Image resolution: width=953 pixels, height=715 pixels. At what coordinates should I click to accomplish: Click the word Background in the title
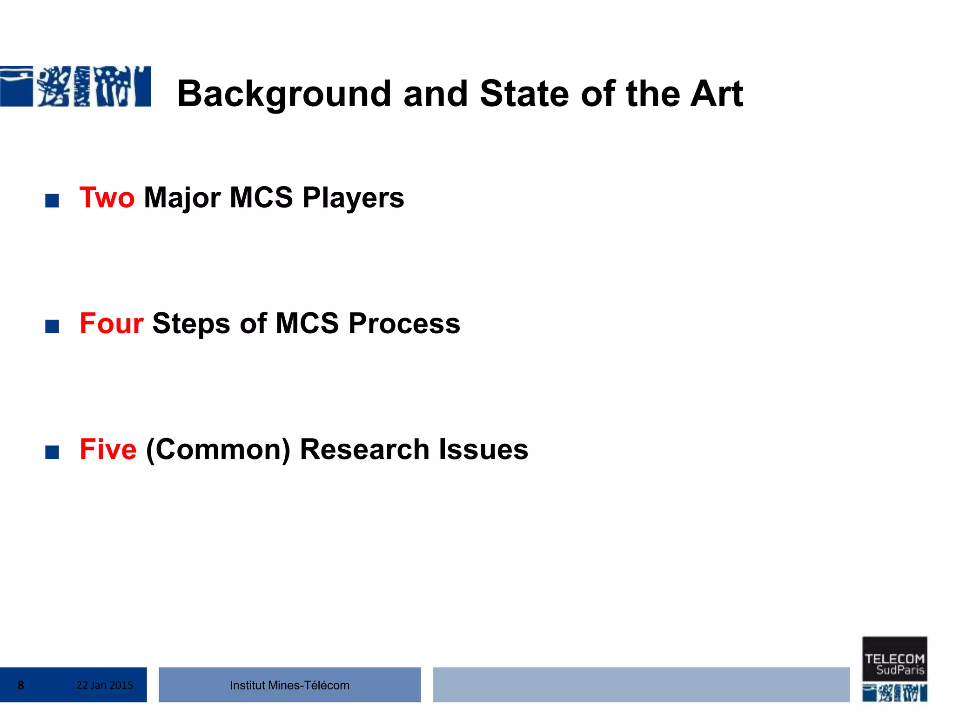[284, 94]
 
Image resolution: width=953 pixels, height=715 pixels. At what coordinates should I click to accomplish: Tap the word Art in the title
[716, 94]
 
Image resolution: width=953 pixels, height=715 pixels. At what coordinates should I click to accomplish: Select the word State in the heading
[524, 94]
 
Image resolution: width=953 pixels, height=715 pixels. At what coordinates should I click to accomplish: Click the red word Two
[107, 197]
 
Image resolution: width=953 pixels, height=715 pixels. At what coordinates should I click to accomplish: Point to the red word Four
[111, 323]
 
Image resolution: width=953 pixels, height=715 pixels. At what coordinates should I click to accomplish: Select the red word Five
[108, 449]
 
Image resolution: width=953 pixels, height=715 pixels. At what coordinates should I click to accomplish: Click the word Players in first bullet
[353, 198]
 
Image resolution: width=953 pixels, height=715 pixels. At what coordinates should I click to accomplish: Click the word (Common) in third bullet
[218, 450]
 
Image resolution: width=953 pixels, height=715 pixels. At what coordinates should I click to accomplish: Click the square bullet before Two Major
[52, 201]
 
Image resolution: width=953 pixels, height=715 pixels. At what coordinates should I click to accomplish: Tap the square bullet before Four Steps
[52, 326]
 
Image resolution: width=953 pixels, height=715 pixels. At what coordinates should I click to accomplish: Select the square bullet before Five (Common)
[52, 452]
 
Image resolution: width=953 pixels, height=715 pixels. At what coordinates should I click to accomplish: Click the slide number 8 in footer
[21, 685]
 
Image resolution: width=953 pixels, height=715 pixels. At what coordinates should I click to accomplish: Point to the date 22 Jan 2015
[105, 685]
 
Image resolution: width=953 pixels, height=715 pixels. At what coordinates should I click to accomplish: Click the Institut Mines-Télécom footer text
[289, 685]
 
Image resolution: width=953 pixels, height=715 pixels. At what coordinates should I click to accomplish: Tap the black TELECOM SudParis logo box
[894, 659]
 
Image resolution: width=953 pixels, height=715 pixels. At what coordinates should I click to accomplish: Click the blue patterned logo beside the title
[75, 87]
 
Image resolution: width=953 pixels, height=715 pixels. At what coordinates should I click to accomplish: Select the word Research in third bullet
[364, 449]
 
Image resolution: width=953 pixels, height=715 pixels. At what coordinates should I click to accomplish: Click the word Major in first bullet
[182, 198]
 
